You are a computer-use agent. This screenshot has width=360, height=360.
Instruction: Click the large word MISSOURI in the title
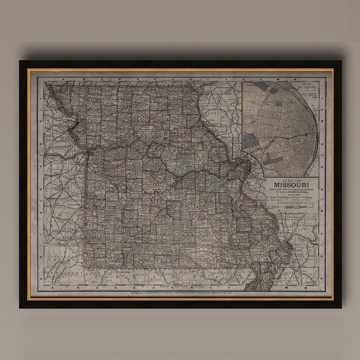[x=288, y=185]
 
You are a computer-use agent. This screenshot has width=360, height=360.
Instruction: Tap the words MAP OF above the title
[x=288, y=179]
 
